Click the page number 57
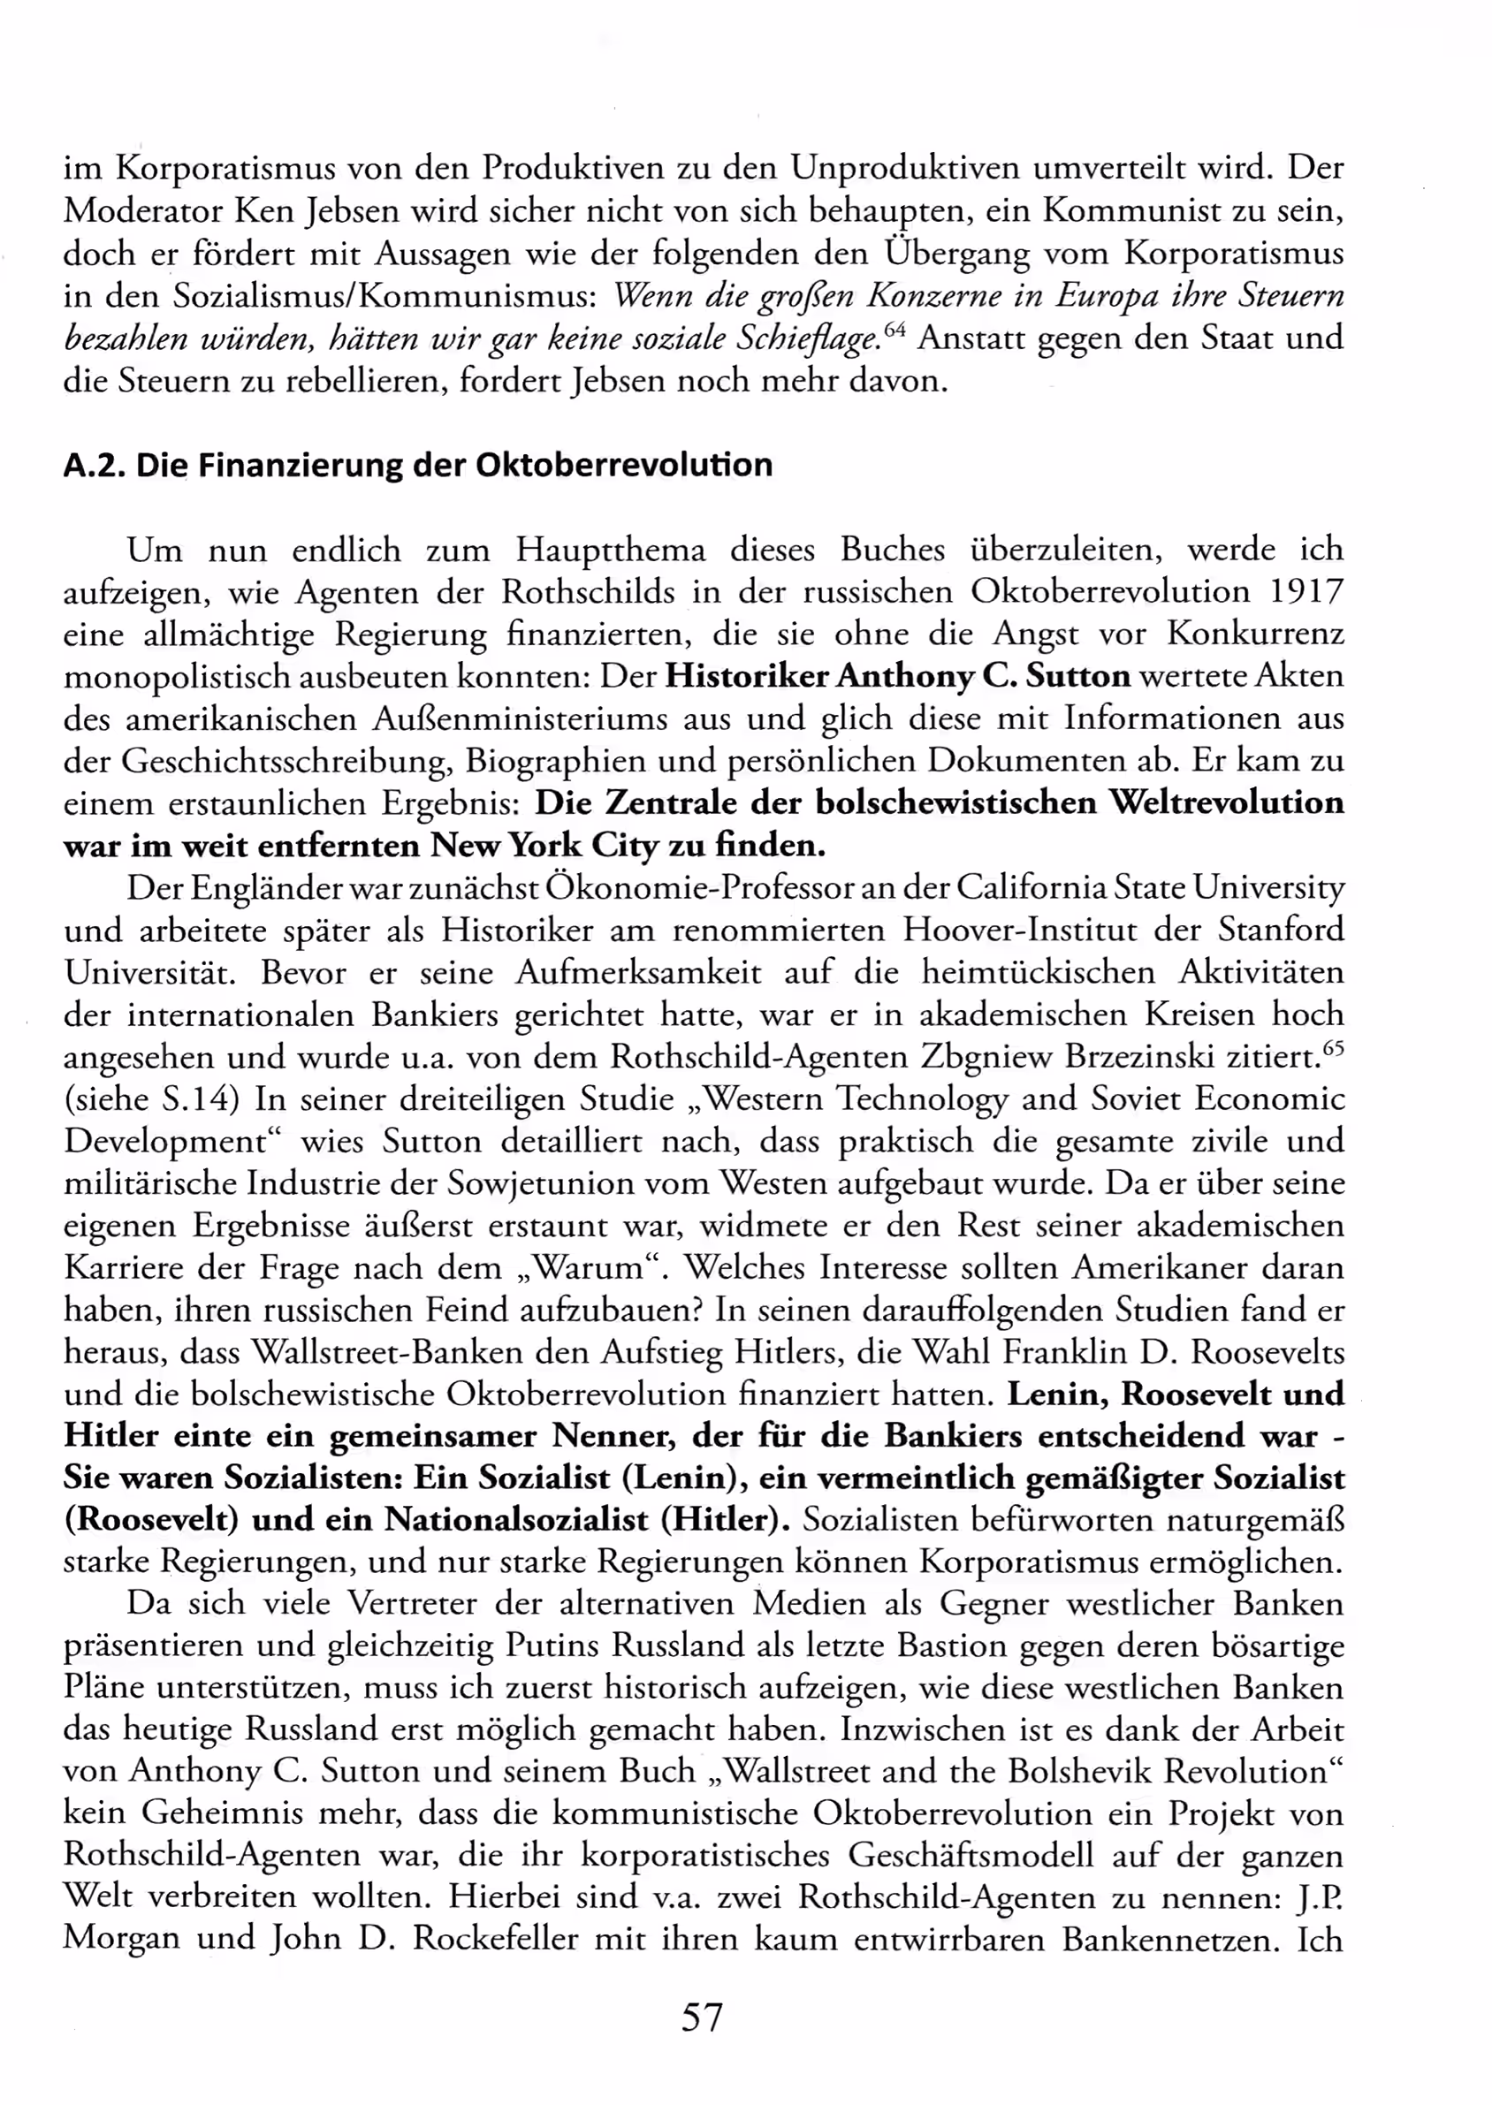point(702,2017)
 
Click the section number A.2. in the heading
point(95,466)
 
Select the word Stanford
point(1281,930)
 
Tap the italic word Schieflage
point(807,338)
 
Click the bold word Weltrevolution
point(1226,802)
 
